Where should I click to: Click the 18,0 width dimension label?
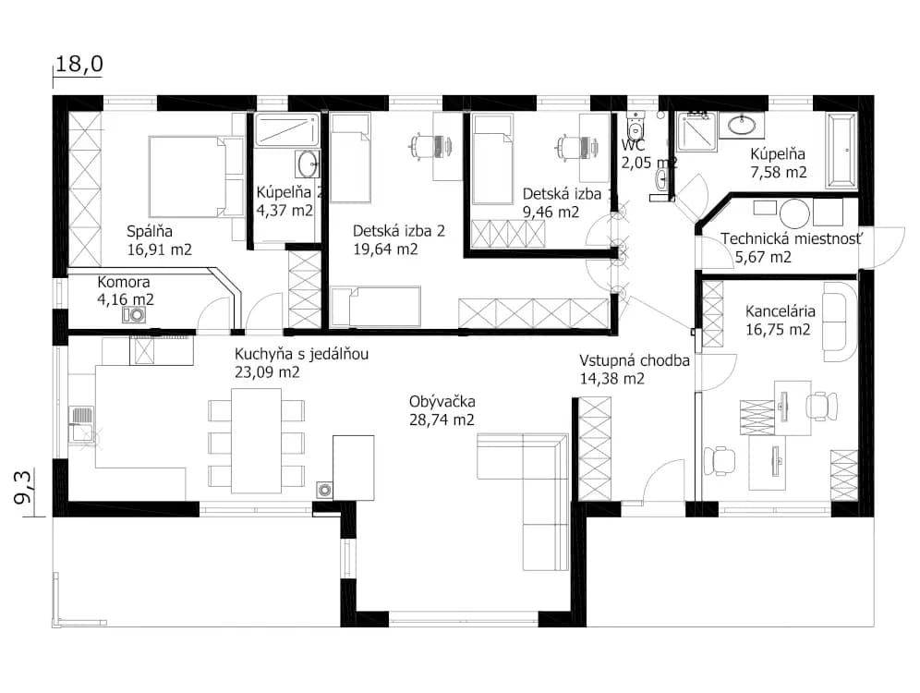pos(79,64)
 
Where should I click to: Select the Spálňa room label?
pos(150,231)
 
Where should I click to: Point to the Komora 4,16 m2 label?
pos(126,290)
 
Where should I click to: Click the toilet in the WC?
pos(636,124)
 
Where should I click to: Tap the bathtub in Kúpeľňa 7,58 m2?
pos(842,151)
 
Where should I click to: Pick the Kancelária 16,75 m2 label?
pos(780,320)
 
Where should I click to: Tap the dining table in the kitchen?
pos(257,441)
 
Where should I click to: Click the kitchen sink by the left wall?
pos(80,424)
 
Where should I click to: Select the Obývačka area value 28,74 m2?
pos(442,419)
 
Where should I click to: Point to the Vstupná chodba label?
pos(635,360)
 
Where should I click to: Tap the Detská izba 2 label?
pos(399,231)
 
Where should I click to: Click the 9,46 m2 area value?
pos(551,212)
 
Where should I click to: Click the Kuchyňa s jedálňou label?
pos(301,354)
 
